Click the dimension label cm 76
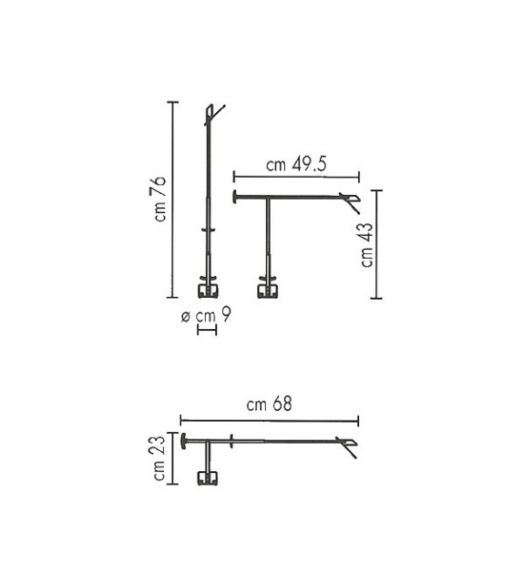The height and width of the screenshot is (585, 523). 161,199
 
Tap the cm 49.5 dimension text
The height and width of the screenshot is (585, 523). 296,164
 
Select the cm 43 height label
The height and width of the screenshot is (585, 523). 367,245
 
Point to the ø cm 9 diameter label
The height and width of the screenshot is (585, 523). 206,316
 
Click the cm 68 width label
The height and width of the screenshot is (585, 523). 270,404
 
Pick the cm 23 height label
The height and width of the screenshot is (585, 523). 159,457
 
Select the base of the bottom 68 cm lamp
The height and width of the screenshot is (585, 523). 208,477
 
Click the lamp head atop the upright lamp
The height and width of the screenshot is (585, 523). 214,114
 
